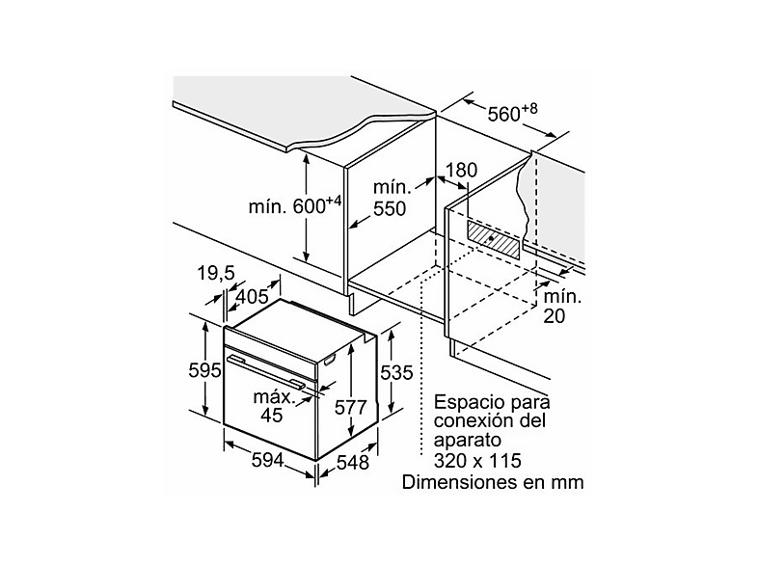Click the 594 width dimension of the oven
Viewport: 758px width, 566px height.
(267, 460)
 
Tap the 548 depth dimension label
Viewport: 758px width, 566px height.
(352, 463)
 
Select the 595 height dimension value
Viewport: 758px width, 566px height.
(204, 370)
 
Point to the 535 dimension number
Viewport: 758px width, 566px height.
(396, 372)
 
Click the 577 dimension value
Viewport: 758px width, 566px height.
(351, 408)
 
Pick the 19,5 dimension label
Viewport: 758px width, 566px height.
(216, 273)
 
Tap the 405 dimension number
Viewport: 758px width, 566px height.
(252, 296)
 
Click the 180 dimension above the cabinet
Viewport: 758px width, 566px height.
(461, 170)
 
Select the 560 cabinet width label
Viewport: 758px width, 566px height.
(503, 115)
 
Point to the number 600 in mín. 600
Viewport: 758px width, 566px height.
(310, 207)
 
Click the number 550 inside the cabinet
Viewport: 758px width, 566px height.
(390, 209)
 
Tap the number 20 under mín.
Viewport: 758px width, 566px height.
(554, 316)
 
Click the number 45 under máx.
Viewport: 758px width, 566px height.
(271, 416)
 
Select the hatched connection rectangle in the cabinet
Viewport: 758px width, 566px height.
(494, 239)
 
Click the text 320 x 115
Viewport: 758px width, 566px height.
(477, 461)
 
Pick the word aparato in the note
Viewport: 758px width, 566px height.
(468, 442)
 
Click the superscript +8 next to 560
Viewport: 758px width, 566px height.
(529, 109)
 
